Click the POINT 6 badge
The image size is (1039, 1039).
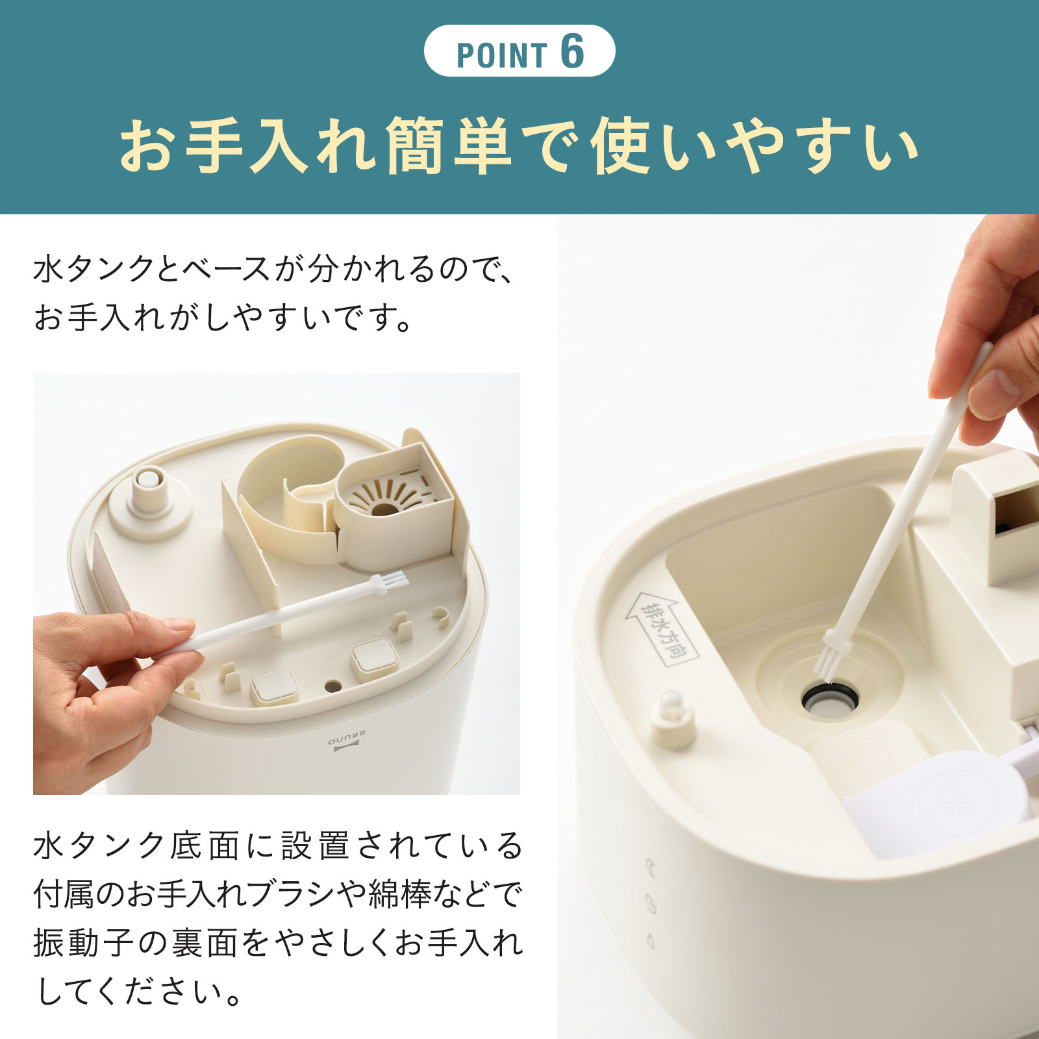(x=519, y=51)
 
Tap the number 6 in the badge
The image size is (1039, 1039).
(x=572, y=51)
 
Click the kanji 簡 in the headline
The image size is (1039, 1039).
(x=415, y=146)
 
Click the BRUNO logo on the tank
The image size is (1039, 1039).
(x=347, y=741)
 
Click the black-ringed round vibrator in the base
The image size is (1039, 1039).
(x=829, y=700)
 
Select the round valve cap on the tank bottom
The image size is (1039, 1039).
(x=149, y=484)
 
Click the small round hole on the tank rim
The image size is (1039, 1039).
(x=333, y=685)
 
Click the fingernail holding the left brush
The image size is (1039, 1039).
(x=178, y=624)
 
